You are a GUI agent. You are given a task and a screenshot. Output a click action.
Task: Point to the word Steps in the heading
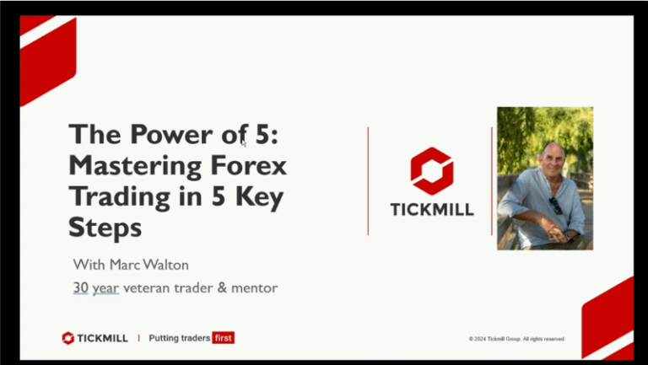pyautogui.click(x=105, y=228)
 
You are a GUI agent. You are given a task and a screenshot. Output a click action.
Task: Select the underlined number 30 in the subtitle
pyautogui.click(x=81, y=288)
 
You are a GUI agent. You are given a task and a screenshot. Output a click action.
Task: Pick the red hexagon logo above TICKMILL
pyautogui.click(x=432, y=171)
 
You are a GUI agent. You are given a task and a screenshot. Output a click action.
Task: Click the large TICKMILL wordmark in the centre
pyautogui.click(x=432, y=209)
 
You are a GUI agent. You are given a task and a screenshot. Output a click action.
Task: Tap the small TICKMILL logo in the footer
pyautogui.click(x=94, y=338)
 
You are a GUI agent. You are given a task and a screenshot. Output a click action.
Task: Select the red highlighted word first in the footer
pyautogui.click(x=224, y=338)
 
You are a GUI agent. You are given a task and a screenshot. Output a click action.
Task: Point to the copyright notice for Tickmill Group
pyautogui.click(x=516, y=339)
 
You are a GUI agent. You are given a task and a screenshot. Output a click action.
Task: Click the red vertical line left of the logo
pyautogui.click(x=368, y=180)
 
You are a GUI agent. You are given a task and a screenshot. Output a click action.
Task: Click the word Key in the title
pyautogui.click(x=264, y=197)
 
